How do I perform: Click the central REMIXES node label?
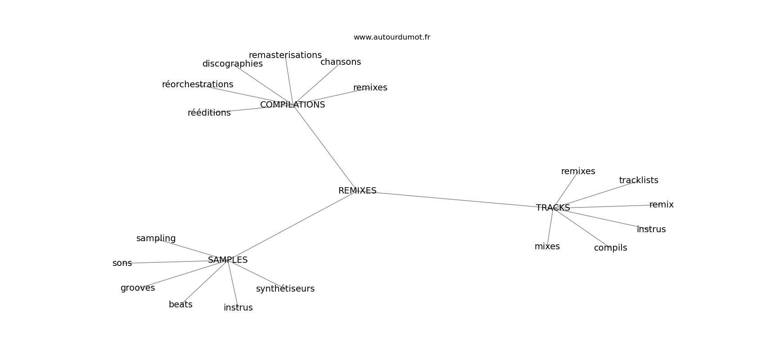(357, 191)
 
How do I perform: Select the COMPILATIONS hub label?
(292, 105)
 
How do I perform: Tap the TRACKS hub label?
(553, 207)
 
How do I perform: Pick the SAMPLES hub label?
(228, 260)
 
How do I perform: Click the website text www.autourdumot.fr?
(391, 37)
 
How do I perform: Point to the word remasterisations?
(285, 55)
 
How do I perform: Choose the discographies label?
(233, 64)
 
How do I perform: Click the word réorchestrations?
(198, 84)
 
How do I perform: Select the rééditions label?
(209, 112)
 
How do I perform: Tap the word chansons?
(341, 62)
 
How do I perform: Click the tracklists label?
(639, 180)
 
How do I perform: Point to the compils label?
(611, 247)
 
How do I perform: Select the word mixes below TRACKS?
(547, 246)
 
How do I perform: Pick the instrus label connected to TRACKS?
(651, 229)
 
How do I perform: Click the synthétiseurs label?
(285, 288)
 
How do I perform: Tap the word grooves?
(138, 288)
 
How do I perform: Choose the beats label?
(180, 304)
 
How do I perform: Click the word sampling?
(156, 238)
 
